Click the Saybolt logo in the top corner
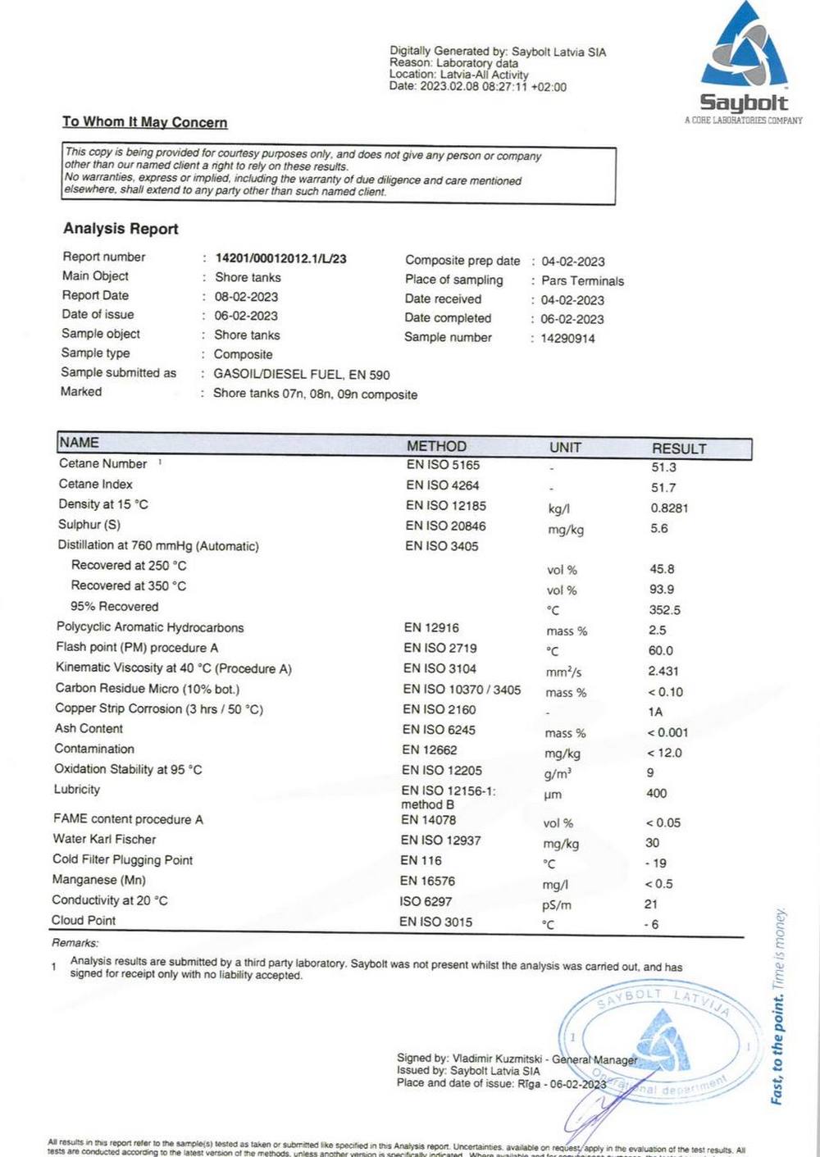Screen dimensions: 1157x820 click(x=744, y=61)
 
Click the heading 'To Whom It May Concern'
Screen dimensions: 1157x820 click(x=145, y=122)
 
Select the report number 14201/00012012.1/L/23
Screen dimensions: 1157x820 click(x=280, y=258)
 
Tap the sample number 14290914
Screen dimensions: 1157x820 click(x=567, y=338)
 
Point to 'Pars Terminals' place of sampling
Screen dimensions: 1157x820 click(x=582, y=280)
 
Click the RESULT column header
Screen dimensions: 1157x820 click(x=678, y=449)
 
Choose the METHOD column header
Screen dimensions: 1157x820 click(x=436, y=446)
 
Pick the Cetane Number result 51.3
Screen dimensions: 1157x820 click(x=663, y=467)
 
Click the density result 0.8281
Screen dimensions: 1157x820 click(x=669, y=508)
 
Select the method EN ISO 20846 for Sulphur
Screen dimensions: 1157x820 click(x=445, y=526)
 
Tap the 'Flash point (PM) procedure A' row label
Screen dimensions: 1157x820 click(x=137, y=648)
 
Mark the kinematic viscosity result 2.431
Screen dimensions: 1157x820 click(x=663, y=671)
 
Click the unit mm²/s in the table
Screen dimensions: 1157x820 click(x=563, y=672)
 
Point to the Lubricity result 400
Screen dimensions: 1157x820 click(x=656, y=793)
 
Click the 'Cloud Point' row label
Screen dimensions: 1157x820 click(x=84, y=920)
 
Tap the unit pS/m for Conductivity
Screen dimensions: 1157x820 click(x=557, y=905)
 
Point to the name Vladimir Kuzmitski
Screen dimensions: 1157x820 click(x=496, y=1059)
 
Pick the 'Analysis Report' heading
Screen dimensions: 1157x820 click(x=121, y=229)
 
